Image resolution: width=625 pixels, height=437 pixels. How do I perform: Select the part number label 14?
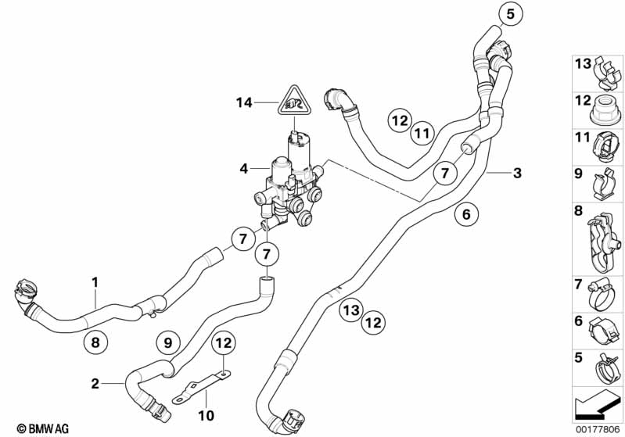(244, 102)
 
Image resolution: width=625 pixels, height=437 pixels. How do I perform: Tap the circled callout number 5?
(511, 14)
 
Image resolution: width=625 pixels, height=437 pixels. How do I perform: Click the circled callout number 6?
(466, 214)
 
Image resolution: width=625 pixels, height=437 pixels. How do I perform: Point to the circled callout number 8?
(95, 342)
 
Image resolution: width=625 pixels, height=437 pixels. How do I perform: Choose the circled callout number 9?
(168, 342)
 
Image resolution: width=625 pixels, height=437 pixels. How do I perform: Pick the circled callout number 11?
(422, 133)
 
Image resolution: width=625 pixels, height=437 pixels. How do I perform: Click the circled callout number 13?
(351, 310)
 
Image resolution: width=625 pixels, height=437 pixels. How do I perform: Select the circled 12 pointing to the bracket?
(224, 342)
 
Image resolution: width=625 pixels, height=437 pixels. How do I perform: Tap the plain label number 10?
(206, 416)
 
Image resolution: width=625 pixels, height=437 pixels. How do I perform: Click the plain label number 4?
(244, 169)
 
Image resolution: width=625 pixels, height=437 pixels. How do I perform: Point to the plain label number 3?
(517, 173)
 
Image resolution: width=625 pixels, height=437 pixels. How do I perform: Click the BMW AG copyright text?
(43, 428)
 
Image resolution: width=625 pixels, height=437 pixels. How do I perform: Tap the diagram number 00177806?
(598, 429)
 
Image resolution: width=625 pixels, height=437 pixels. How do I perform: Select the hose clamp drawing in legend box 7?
(605, 295)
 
